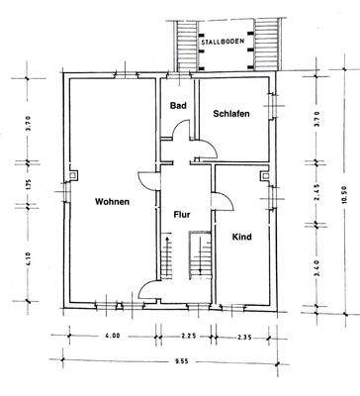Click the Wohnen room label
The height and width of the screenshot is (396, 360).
(112, 202)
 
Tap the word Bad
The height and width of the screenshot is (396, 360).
(178, 106)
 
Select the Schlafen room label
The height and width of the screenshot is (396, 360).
(230, 114)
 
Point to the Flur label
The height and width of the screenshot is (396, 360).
(181, 214)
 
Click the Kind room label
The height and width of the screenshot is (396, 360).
(241, 237)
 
